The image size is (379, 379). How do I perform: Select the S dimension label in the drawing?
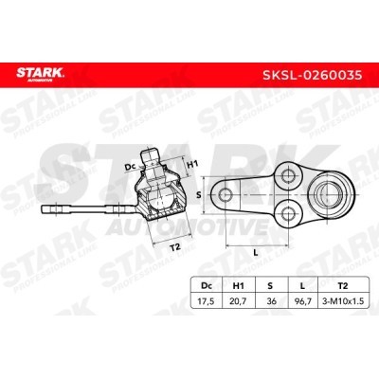(x=197, y=194)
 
